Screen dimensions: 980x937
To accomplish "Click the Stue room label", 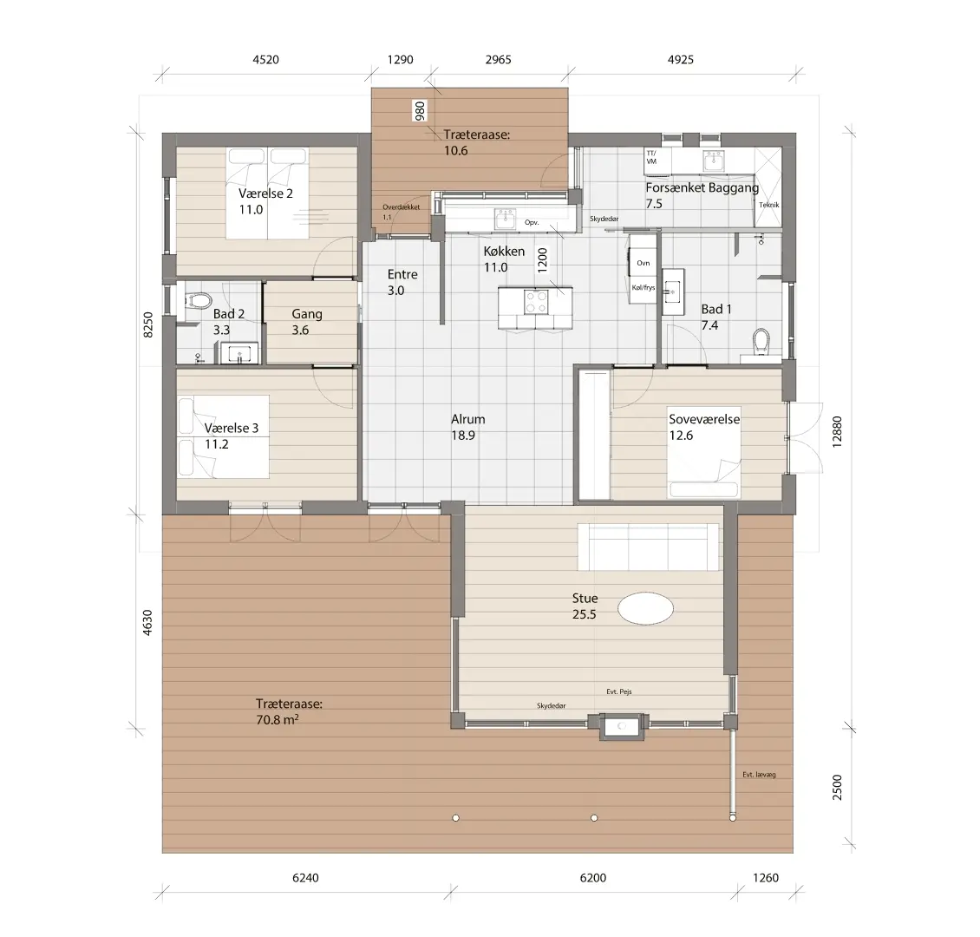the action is (x=585, y=598).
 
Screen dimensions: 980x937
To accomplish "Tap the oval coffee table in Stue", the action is (x=646, y=607).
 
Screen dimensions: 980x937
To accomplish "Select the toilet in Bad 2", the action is (x=197, y=301).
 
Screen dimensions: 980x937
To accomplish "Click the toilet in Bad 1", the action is (x=761, y=341).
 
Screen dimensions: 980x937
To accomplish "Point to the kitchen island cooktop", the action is (x=536, y=302).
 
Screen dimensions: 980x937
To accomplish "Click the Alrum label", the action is (x=468, y=419).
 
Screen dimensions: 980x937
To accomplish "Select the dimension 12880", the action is (x=838, y=431).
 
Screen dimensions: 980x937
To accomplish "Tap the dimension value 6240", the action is (x=305, y=878).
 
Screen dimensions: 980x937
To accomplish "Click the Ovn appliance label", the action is (x=644, y=263).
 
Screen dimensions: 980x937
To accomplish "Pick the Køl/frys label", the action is (x=644, y=287).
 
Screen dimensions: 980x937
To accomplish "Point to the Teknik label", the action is (x=768, y=205).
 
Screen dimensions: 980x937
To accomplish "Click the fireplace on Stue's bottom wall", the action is (x=621, y=726).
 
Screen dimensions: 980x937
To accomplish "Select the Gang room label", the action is (x=307, y=314).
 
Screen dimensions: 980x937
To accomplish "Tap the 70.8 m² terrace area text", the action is (x=278, y=719).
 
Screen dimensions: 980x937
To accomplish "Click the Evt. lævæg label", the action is (x=759, y=775).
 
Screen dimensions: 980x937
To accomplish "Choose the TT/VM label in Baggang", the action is (x=651, y=157).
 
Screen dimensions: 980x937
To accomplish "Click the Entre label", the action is (x=402, y=274).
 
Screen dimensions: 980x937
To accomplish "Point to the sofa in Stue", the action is (x=648, y=547).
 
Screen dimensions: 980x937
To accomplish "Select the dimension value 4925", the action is (x=681, y=59).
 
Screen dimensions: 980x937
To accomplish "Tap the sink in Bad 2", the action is (x=238, y=354).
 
